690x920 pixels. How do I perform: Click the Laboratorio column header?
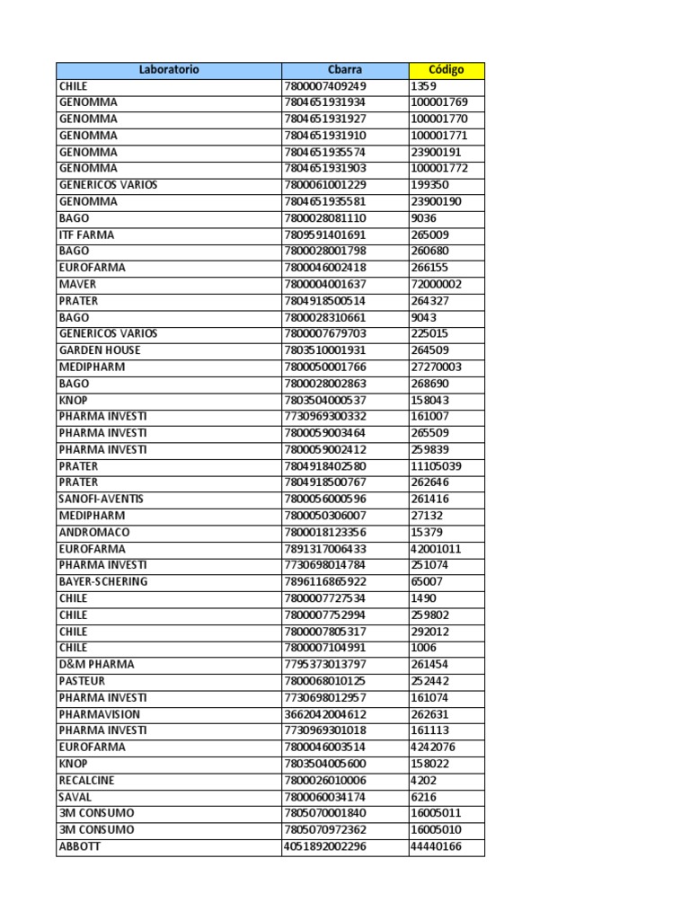point(169,70)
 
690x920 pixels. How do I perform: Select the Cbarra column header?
point(345,70)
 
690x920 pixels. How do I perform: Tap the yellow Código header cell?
point(447,70)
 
